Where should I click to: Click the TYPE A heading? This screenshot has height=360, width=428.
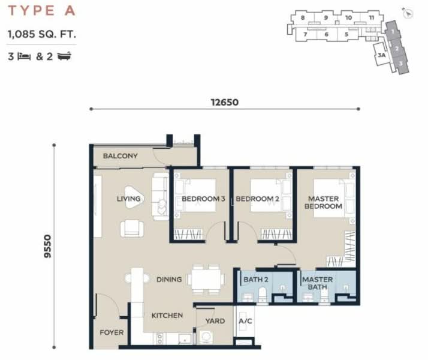tap(42, 11)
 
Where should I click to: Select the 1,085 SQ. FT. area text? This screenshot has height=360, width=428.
tap(42, 34)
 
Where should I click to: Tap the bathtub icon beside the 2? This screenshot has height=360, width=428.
tap(64, 56)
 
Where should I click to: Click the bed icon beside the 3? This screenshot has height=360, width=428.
tap(24, 56)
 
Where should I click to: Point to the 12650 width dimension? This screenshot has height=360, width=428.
tap(225, 103)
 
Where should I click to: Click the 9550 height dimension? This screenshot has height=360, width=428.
tap(47, 246)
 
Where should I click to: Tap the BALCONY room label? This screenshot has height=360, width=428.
tap(120, 156)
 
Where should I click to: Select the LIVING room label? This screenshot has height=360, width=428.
tap(128, 199)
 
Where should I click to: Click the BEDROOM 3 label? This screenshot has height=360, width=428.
tap(203, 199)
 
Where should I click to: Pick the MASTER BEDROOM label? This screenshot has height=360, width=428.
tap(324, 202)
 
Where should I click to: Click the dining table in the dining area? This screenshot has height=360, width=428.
tap(206, 279)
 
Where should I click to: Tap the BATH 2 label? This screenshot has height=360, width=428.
tap(256, 280)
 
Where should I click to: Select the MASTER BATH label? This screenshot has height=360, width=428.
tap(318, 283)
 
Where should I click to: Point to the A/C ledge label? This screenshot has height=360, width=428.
tap(245, 321)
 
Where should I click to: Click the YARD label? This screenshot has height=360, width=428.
tap(215, 321)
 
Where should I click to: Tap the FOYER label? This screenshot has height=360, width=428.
tap(111, 332)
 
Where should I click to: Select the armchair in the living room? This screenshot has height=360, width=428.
tap(132, 229)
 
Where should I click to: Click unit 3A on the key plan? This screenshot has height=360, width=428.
tap(382, 55)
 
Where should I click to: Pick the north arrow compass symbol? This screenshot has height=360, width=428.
tap(407, 13)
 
